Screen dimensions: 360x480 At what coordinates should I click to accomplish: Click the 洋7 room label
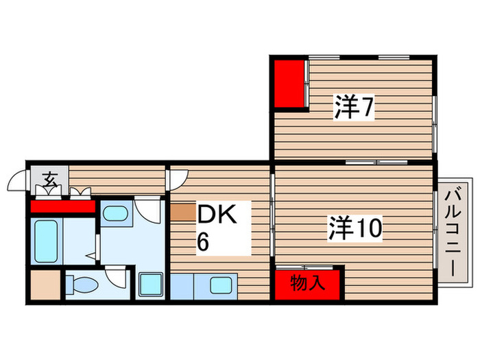[x=354, y=107]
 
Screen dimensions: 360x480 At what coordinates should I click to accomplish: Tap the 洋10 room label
[x=355, y=227]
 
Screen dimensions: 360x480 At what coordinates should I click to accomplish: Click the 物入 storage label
[x=308, y=283]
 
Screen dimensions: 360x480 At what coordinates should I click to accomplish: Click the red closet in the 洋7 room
[x=291, y=84]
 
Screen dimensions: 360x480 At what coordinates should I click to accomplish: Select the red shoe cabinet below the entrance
[x=63, y=206]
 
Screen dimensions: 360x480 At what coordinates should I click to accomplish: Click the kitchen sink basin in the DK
[x=221, y=285]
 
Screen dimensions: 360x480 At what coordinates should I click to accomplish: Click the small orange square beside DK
[x=183, y=211]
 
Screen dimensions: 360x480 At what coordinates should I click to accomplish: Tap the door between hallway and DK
[x=174, y=178]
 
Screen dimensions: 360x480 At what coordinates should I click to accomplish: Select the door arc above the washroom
[x=146, y=208]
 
